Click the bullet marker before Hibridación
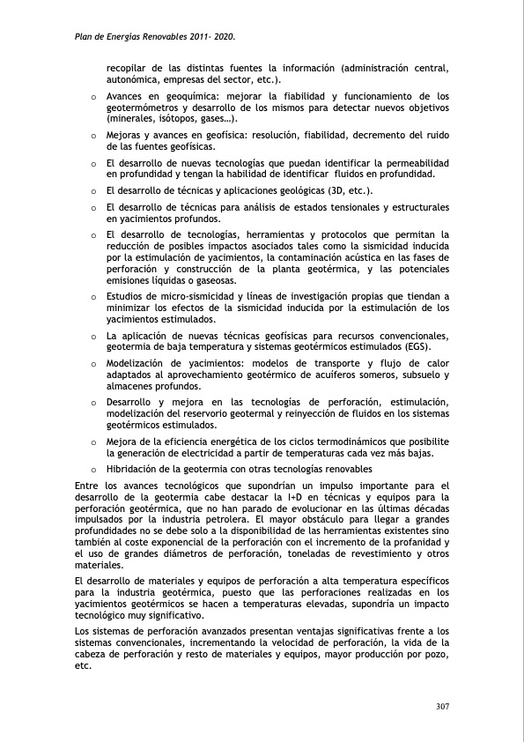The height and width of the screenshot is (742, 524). click(x=93, y=469)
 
